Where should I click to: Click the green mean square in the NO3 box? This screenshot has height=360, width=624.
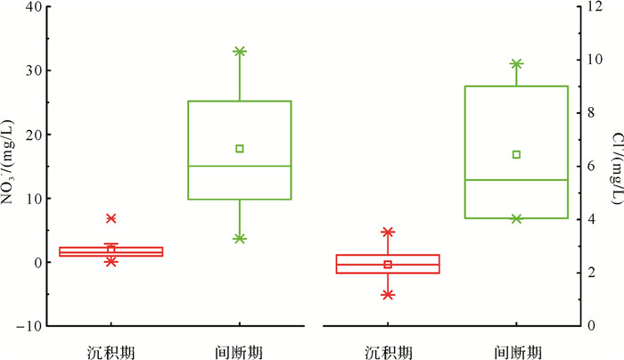click(x=240, y=149)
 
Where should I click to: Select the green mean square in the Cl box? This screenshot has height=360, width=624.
click(x=516, y=154)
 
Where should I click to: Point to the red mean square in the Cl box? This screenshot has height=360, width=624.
click(x=388, y=265)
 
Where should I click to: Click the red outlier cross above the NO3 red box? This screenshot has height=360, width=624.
click(x=111, y=218)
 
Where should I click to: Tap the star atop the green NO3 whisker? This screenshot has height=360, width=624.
click(x=240, y=52)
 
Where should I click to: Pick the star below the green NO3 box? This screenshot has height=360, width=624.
click(x=240, y=239)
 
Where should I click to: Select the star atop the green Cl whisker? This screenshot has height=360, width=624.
click(x=516, y=64)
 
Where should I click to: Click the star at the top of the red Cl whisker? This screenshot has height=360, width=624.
click(x=388, y=232)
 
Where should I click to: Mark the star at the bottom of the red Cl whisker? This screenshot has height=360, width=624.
click(x=388, y=294)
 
